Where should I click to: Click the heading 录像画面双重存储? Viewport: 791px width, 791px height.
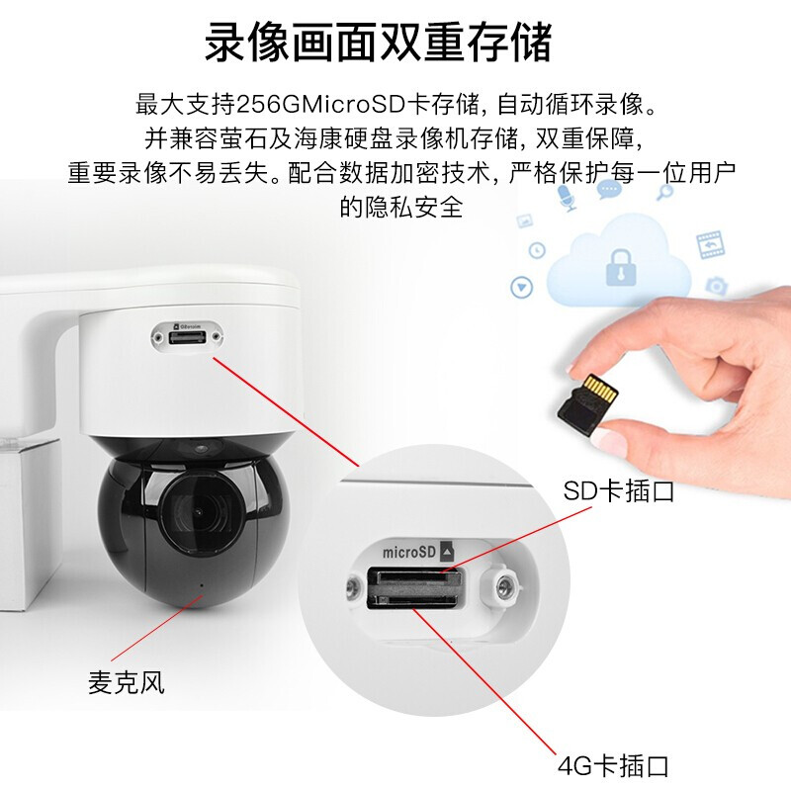379,42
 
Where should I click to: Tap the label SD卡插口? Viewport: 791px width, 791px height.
619,490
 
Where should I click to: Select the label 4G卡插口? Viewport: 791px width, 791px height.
613,765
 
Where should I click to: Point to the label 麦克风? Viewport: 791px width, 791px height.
127,682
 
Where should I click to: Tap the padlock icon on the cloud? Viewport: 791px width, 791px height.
620,267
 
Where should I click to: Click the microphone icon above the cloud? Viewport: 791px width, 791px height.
567,197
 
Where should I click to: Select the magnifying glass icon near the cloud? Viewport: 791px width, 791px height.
664,192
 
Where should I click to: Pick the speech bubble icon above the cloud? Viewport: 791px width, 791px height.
609,189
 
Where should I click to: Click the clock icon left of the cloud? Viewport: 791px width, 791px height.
537,250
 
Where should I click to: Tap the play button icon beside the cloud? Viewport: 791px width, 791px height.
522,288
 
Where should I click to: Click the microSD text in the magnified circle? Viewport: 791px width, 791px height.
408,552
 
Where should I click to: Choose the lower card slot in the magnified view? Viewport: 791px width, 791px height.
412,600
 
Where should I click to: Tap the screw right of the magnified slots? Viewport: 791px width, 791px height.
503,586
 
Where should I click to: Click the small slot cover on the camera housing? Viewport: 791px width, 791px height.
187,336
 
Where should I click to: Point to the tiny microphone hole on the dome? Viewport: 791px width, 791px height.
202,585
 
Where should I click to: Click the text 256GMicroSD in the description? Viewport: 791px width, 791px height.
321,105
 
